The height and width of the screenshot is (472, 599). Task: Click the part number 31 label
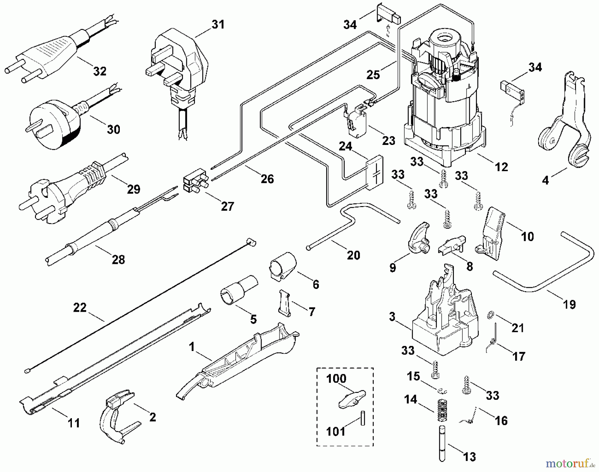(218, 25)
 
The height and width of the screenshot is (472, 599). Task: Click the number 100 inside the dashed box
(336, 379)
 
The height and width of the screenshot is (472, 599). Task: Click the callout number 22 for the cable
(80, 308)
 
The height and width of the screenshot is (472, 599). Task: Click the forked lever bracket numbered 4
(562, 123)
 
